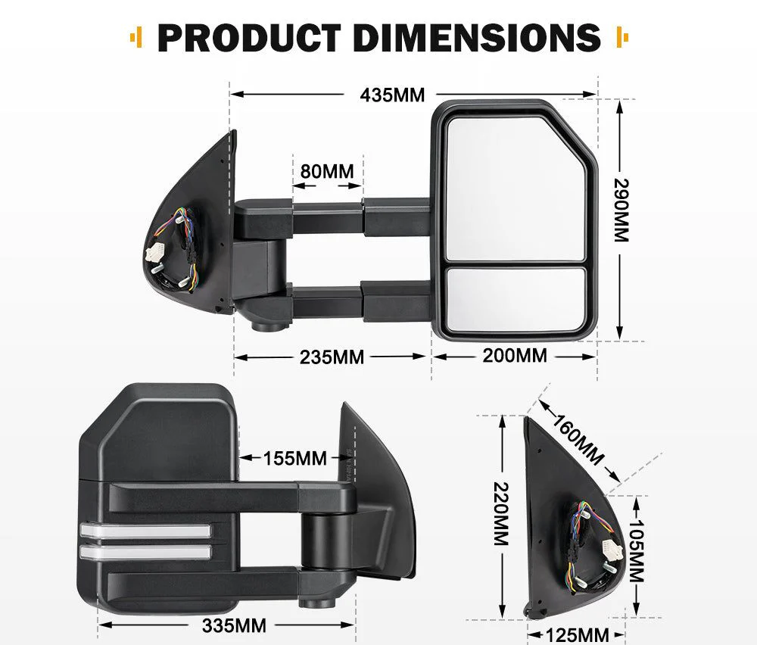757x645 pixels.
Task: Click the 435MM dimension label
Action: tap(392, 95)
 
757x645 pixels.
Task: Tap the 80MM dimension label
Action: tap(327, 171)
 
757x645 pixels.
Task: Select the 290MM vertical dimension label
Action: tap(621, 210)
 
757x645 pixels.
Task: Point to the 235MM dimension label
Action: tap(332, 357)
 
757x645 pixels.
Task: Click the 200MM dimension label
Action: tap(515, 354)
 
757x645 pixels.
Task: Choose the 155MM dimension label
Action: tap(295, 458)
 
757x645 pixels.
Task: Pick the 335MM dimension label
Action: tap(235, 625)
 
